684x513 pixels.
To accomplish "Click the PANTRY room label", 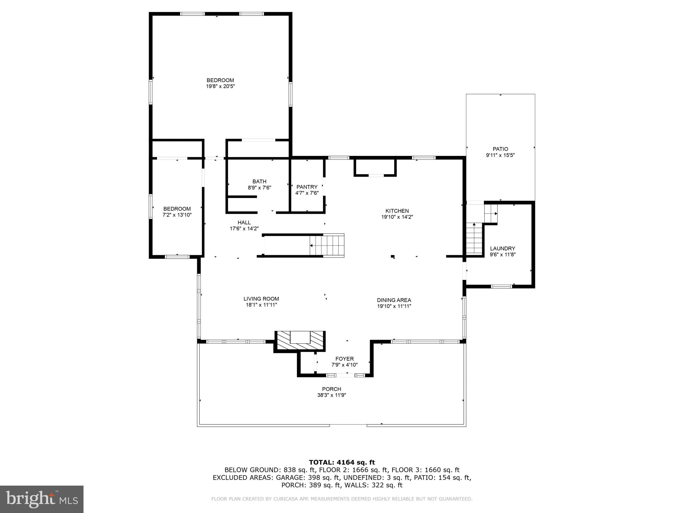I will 307,187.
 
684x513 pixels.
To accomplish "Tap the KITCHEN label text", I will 397,211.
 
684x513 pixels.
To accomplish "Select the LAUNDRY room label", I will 502,248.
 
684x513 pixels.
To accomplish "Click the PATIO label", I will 500,149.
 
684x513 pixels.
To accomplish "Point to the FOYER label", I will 344,359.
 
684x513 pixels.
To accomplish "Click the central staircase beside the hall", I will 327,245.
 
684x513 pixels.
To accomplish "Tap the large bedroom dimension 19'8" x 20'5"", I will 220,86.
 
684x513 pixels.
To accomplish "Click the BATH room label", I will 259,182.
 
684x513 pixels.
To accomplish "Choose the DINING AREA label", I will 394,300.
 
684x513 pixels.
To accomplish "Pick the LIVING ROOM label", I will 261,299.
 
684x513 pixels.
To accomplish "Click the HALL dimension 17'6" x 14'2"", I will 244,229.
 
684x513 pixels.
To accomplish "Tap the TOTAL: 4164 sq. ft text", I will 342,462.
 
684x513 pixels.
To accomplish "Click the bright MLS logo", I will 42,499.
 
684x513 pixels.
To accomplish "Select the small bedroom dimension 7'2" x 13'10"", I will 177,215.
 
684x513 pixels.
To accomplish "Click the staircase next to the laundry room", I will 474,239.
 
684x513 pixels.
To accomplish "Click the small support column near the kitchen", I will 393,256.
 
